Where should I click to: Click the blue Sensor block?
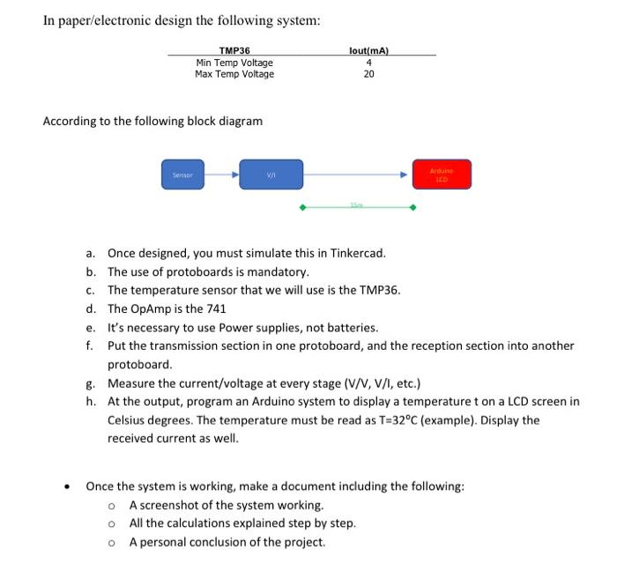coord(182,174)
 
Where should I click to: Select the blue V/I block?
coord(271,174)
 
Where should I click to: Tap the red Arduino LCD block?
coord(442,174)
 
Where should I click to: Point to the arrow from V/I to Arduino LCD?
coord(357,174)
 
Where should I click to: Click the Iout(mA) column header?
coord(369,51)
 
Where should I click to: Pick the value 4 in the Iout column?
coord(369,63)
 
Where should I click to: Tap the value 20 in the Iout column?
coord(369,74)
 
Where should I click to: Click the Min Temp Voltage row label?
coord(234,63)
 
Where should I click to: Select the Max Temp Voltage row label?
coord(234,74)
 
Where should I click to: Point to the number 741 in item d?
coord(216,309)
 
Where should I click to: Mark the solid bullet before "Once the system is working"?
coord(68,487)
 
